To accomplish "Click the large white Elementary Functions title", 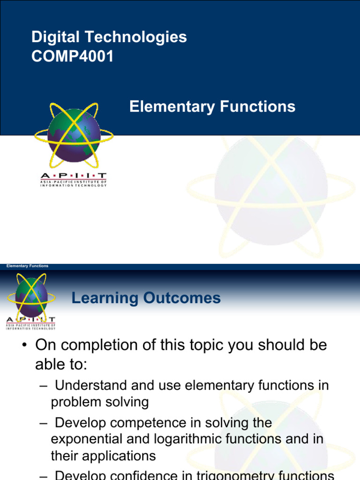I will pos(212,107).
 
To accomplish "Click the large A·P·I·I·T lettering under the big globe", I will pos(73,175).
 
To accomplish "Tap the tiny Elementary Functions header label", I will pos(27,266).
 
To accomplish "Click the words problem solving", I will pos(99,402).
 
